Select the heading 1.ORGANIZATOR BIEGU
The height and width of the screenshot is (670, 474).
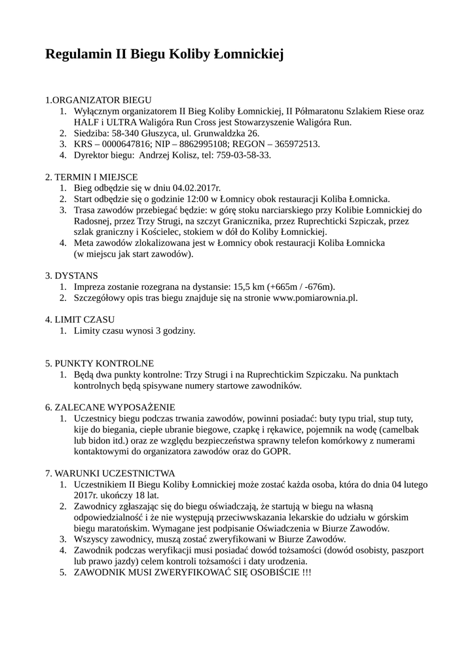coord(98,100)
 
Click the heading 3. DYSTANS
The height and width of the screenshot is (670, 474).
coord(72,276)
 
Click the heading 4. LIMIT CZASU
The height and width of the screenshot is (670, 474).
coord(80,320)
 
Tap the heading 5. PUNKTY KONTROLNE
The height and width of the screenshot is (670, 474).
coord(100,363)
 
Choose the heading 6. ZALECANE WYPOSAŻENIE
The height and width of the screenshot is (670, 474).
coord(110,407)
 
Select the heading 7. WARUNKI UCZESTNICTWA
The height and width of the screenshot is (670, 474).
coord(110,473)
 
